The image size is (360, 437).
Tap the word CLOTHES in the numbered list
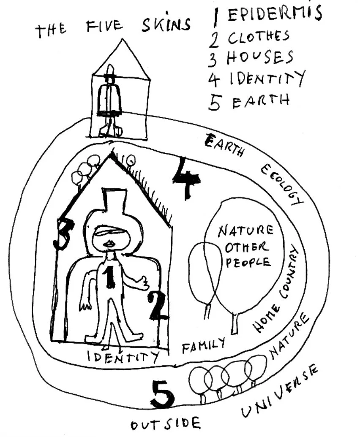[259, 38]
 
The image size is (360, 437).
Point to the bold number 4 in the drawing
[186, 178]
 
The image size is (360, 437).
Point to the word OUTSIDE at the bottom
[165, 423]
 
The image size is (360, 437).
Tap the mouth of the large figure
[109, 244]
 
